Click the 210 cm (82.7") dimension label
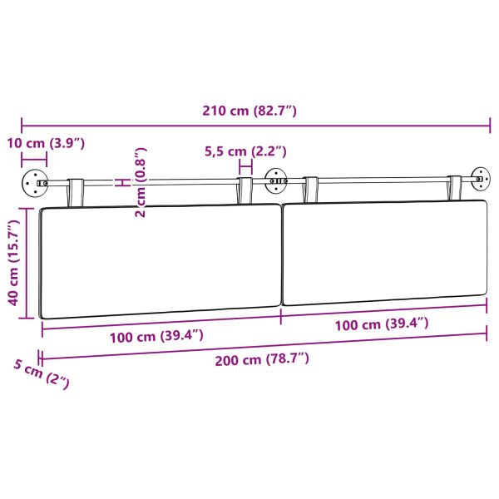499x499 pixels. point(249,111)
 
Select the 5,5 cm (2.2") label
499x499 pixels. point(245,151)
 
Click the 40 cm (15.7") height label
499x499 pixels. point(13,264)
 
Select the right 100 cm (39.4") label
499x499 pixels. point(382,324)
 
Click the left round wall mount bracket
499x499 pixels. point(34,181)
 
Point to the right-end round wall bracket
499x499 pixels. point(480,176)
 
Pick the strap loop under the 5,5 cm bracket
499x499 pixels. point(245,189)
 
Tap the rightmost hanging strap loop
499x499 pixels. point(455,187)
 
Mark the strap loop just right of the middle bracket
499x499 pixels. point(311,188)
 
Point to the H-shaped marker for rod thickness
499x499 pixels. point(121,181)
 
